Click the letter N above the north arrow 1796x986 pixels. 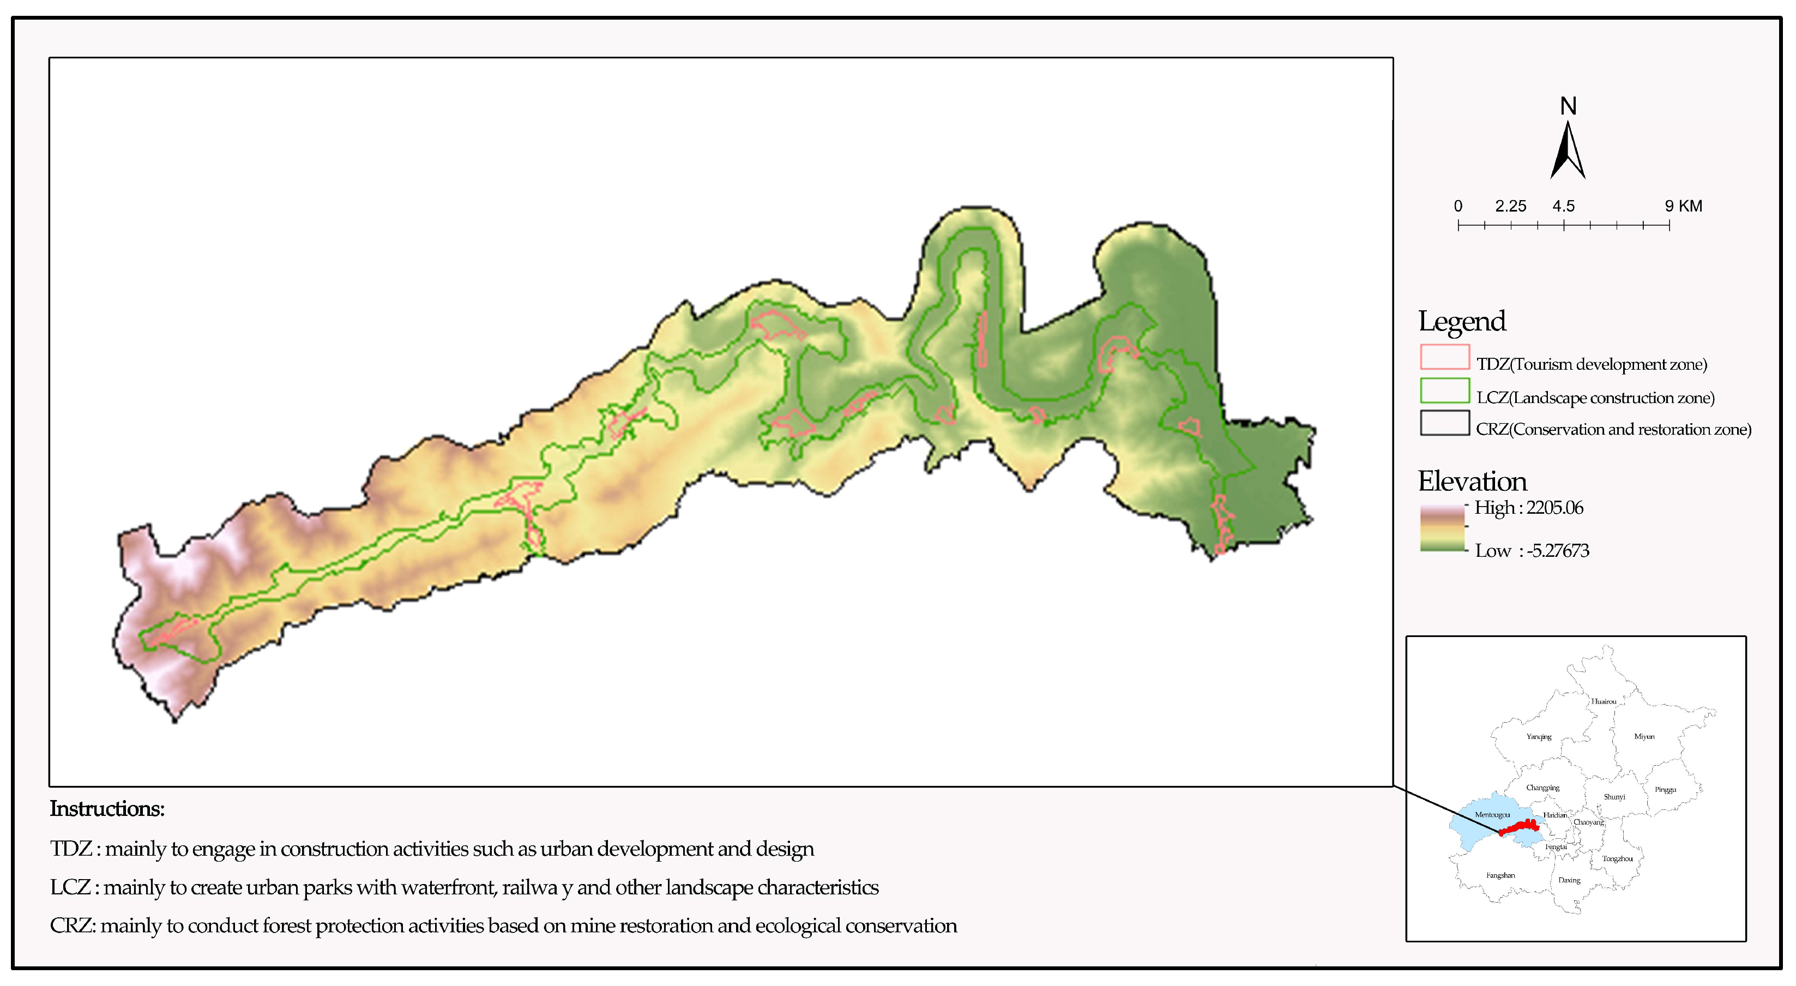click(x=1568, y=106)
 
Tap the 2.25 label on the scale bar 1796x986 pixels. click(x=1510, y=206)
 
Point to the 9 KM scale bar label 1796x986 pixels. click(x=1683, y=206)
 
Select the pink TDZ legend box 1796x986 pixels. click(x=1445, y=356)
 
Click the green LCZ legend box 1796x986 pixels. click(x=1445, y=390)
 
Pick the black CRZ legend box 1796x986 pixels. click(x=1445, y=423)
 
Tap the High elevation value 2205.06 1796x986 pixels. click(x=1555, y=508)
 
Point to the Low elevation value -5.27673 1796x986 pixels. click(x=1558, y=551)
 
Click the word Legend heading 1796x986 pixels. click(x=1462, y=321)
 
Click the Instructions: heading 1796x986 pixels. click(x=107, y=809)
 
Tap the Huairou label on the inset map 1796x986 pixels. click(x=1604, y=701)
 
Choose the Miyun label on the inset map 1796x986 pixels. click(x=1644, y=736)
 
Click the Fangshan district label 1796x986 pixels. click(x=1500, y=875)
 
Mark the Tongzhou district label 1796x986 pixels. click(x=1617, y=858)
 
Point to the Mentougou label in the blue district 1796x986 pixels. click(x=1492, y=814)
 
